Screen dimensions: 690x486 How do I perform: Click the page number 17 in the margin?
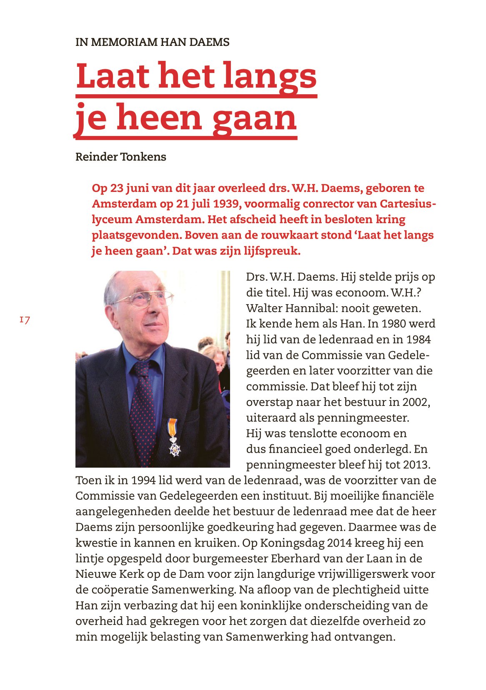(x=25, y=320)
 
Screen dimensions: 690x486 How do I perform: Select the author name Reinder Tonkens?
(x=120, y=157)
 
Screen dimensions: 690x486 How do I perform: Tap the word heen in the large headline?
(x=159, y=118)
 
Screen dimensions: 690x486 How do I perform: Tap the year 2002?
(x=416, y=402)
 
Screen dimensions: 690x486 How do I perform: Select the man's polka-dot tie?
(x=143, y=413)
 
